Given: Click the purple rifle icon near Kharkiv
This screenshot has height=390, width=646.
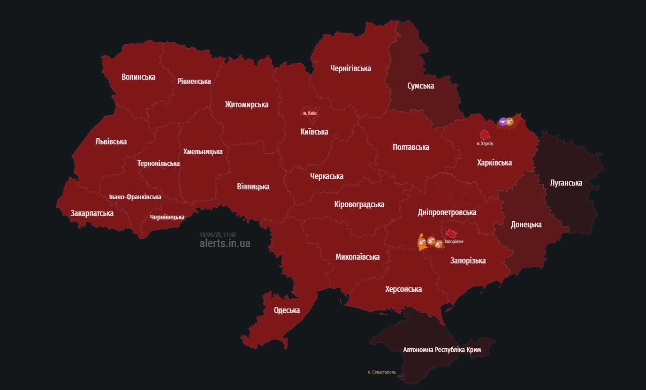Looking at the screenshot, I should (502, 121).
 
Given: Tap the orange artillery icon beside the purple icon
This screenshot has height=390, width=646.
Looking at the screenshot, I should (509, 122).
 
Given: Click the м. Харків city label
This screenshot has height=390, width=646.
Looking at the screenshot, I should (485, 143).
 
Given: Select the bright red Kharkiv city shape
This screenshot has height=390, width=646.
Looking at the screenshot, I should (484, 135).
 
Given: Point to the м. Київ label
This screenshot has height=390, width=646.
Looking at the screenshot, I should (310, 113).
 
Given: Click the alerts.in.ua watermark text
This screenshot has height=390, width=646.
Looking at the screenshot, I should (225, 243).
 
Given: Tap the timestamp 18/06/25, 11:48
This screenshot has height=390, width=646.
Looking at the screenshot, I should (218, 234).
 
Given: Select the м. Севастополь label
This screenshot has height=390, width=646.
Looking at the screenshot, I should (381, 372).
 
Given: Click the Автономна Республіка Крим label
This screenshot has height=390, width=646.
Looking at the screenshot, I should (442, 350).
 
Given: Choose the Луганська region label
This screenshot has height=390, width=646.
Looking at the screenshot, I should (566, 183).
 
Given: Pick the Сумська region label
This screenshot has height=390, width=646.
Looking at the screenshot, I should (420, 86).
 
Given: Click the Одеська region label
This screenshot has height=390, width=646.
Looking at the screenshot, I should (287, 310).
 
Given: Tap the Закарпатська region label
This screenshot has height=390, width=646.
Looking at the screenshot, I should (92, 213).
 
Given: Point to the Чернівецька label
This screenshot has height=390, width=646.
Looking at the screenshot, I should (167, 217).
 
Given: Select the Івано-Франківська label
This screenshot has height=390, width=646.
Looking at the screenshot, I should (135, 197).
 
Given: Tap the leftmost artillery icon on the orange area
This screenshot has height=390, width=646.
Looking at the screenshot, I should (422, 242).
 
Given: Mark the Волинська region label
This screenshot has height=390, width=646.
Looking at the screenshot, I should (138, 77).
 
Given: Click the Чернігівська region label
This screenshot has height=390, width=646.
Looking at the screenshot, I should (350, 68).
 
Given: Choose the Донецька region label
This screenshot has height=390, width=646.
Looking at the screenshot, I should (526, 225).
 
